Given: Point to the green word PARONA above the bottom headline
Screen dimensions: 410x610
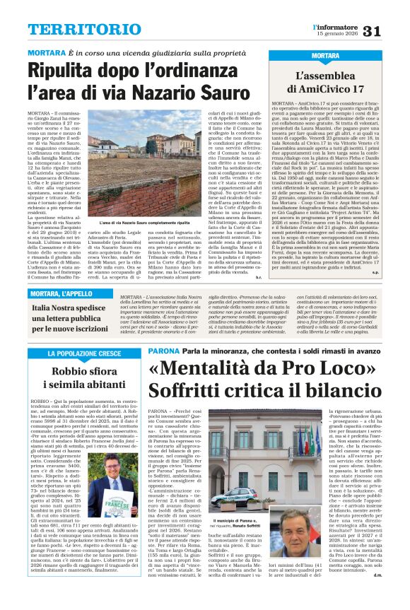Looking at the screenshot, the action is [163, 351].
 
